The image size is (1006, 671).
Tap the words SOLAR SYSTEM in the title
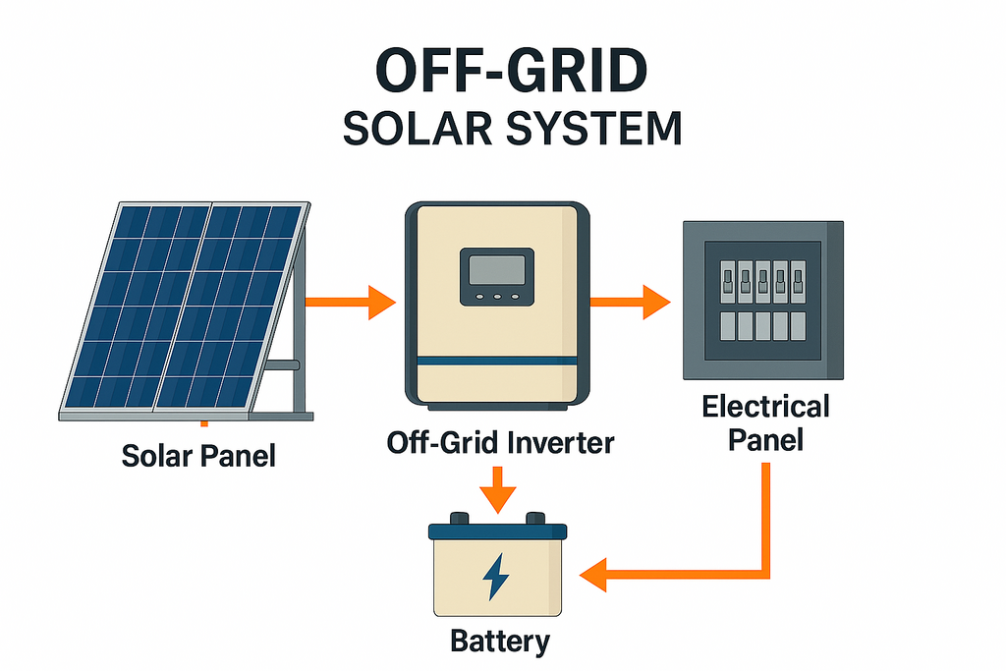512,129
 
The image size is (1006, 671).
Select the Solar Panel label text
198,455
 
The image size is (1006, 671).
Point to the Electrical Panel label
765,421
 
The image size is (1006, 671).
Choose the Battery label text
500,642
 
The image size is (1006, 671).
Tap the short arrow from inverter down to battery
500,487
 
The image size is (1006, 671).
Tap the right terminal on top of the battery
535,518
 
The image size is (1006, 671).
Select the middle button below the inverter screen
497,296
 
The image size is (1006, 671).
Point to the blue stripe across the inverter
497,362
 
